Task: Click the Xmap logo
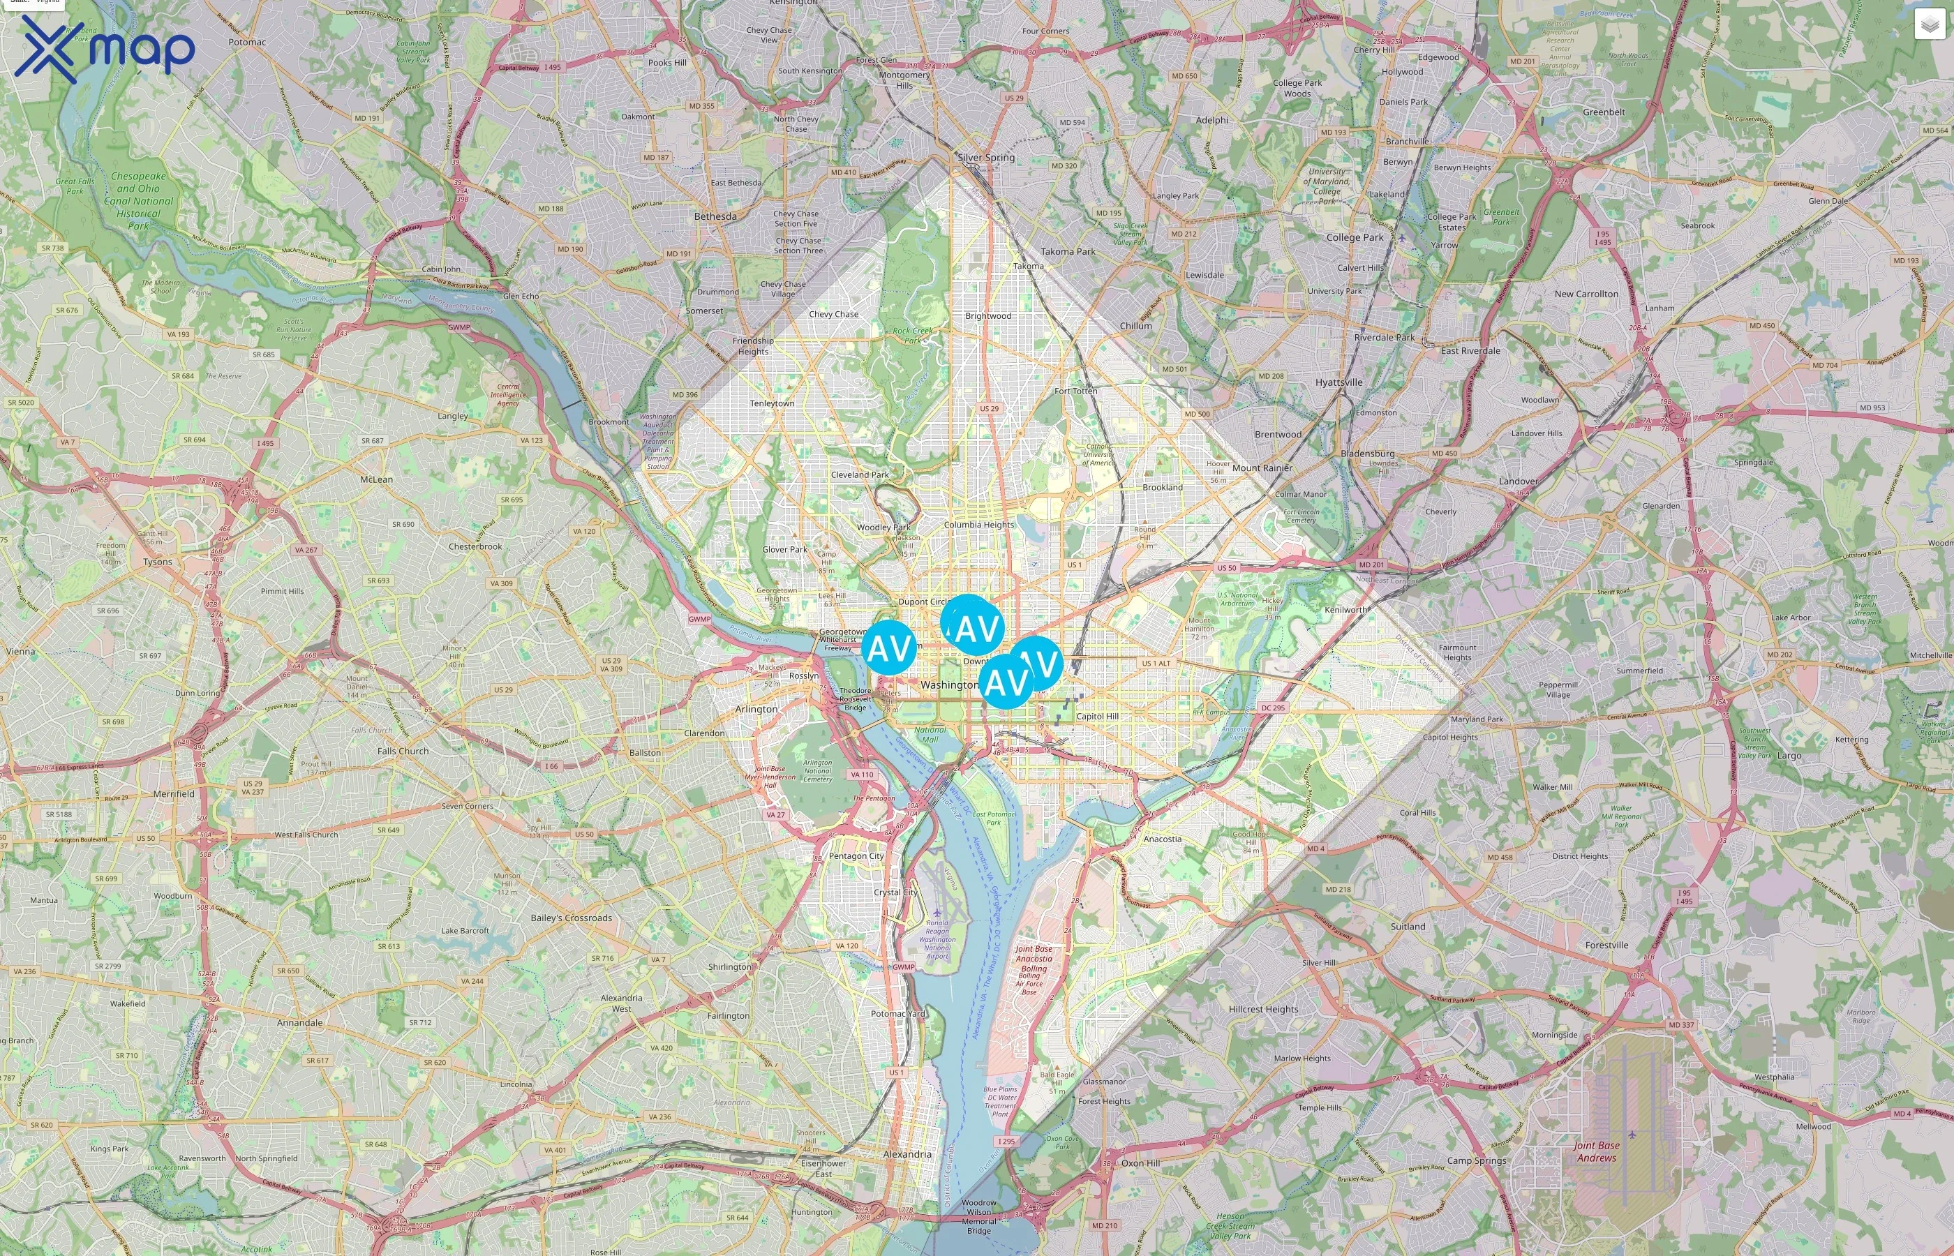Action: tap(105, 49)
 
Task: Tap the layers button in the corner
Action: tap(1930, 25)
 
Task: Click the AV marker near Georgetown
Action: tap(888, 648)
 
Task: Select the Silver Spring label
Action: tap(986, 158)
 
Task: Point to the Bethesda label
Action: tap(715, 216)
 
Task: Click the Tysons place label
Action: tap(158, 562)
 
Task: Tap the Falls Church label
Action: tap(403, 751)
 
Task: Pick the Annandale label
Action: tap(299, 1023)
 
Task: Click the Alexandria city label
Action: tap(907, 1154)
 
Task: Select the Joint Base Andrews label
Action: tap(1596, 1151)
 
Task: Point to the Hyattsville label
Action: tap(1338, 382)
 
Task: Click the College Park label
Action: tap(1355, 237)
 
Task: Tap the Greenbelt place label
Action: tap(1603, 112)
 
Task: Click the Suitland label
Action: tap(1408, 927)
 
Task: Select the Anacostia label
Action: tap(1162, 839)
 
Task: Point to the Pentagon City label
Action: tap(856, 856)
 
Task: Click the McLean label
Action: tap(376, 479)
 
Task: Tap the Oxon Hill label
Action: tap(1140, 1163)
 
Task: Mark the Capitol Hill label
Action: tap(1097, 716)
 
